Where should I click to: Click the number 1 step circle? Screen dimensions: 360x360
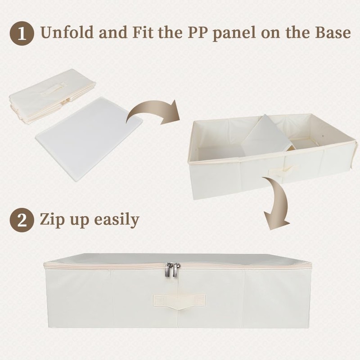pyautogui.click(x=22, y=33)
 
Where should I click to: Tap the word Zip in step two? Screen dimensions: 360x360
pyautogui.click(x=53, y=220)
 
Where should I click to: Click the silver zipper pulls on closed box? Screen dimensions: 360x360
pyautogui.click(x=172, y=269)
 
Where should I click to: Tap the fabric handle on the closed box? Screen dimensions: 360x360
pyautogui.click(x=179, y=301)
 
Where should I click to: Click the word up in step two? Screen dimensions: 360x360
pyautogui.click(x=79, y=222)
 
